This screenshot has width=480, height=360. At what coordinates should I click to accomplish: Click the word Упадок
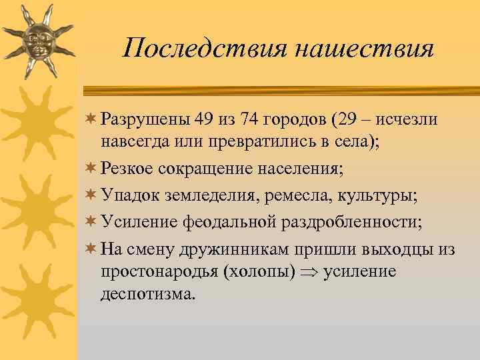point(131,195)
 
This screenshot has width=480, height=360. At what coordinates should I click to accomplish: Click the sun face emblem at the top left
point(37,41)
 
